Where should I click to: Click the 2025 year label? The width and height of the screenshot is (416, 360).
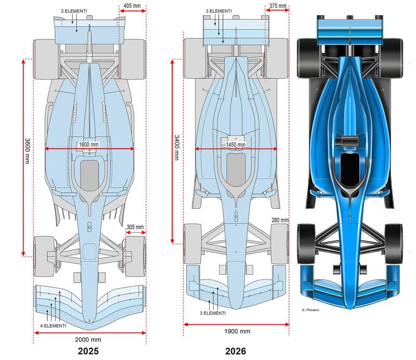[88, 351]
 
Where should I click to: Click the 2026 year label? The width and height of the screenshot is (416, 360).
[236, 351]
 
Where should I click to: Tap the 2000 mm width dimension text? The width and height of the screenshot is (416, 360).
[88, 340]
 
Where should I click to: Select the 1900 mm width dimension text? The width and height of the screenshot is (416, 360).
[237, 331]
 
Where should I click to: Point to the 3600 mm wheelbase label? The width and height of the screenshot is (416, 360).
[28, 151]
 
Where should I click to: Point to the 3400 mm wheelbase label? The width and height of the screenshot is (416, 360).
[176, 148]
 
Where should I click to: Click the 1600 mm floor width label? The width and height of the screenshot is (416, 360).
[88, 144]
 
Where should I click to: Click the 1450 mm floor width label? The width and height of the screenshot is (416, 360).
[236, 144]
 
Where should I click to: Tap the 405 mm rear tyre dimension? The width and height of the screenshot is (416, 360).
[132, 6]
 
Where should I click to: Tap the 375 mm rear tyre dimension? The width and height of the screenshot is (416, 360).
[278, 6]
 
